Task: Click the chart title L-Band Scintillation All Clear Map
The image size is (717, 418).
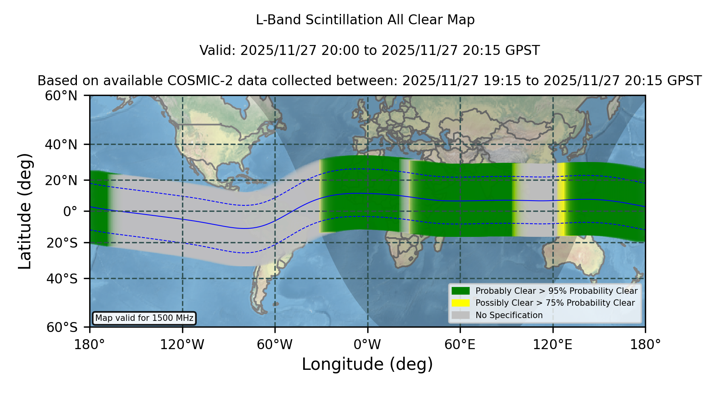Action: coord(365,20)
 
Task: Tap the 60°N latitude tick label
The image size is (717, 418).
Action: coord(61,96)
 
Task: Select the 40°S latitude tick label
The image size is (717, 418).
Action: coord(62,279)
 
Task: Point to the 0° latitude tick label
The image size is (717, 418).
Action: coord(71,211)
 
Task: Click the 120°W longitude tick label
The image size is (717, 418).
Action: coord(182,344)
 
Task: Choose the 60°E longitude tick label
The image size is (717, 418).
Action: coord(460,344)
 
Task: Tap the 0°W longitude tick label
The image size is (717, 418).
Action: coord(367,344)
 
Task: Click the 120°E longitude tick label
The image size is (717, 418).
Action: coord(552,344)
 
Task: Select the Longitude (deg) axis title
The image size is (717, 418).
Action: coord(367,364)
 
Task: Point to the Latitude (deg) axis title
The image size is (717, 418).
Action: coord(25,211)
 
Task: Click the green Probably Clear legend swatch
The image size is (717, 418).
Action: coord(461,291)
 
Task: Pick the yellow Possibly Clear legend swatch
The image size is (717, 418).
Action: coord(461,303)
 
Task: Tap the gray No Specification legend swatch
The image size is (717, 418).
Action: coord(461,315)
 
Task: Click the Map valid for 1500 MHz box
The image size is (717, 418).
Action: coord(144,318)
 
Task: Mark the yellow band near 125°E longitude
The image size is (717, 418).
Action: coord(561,199)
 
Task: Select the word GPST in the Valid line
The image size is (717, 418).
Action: coord(523,51)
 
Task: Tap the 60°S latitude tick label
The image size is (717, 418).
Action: coord(62,327)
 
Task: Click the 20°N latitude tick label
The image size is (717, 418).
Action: coord(61,180)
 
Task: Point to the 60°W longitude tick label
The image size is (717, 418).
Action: coord(275,344)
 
